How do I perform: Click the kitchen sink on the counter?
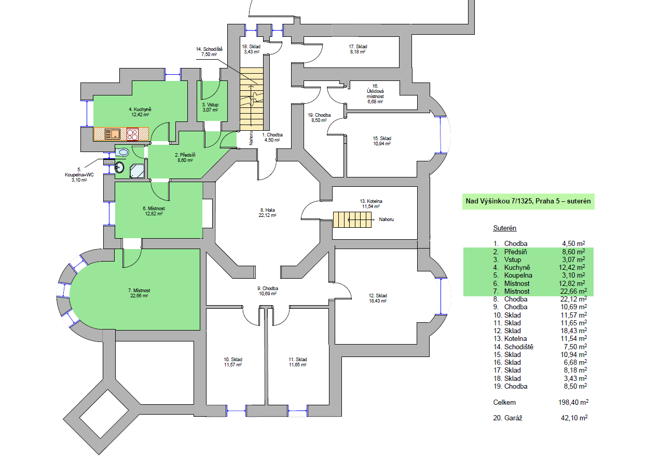tap(112, 134)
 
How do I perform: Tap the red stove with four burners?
tap(132, 134)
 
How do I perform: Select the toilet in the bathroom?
tap(122, 153)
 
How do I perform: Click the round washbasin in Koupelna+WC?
tap(119, 168)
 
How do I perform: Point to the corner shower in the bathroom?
tap(137, 171)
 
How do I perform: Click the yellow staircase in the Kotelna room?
tap(352, 220)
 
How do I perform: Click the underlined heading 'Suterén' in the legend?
tap(504, 228)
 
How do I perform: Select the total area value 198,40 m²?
tap(573, 402)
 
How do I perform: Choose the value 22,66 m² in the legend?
tap(573, 291)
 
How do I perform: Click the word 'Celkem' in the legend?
tap(504, 402)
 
